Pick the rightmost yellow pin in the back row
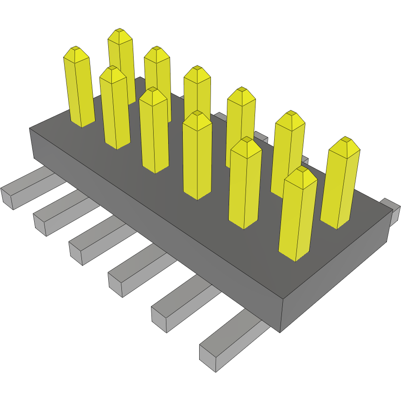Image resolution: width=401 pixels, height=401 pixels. (340, 182)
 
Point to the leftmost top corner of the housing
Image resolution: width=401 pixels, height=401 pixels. (30, 129)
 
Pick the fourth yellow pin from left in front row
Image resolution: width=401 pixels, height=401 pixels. (197, 155)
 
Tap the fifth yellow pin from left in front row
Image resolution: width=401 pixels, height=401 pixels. (245, 182)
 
